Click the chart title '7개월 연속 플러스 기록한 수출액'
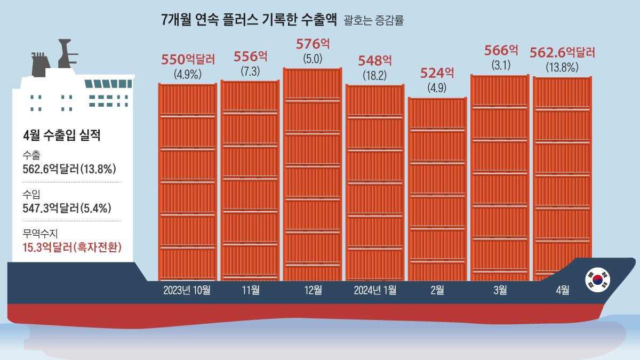pyautogui.click(x=249, y=20)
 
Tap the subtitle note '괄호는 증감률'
pyautogui.click(x=374, y=21)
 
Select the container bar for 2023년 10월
pyautogui.click(x=187, y=181)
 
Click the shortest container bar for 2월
pyautogui.click(x=437, y=189)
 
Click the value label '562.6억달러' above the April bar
pyautogui.click(x=562, y=53)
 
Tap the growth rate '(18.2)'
pyautogui.click(x=374, y=75)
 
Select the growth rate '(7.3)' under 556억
pyautogui.click(x=250, y=71)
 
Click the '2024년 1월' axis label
pyautogui.click(x=375, y=290)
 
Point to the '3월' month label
pyautogui.click(x=500, y=290)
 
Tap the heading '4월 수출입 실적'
pyautogui.click(x=62, y=135)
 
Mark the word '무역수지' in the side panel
pyautogui.click(x=40, y=233)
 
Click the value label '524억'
pyautogui.click(x=437, y=73)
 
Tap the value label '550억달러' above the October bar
pyautogui.click(x=188, y=59)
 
